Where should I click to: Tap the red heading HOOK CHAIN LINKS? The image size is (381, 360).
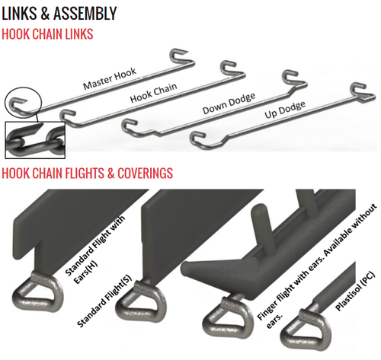[55, 34]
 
